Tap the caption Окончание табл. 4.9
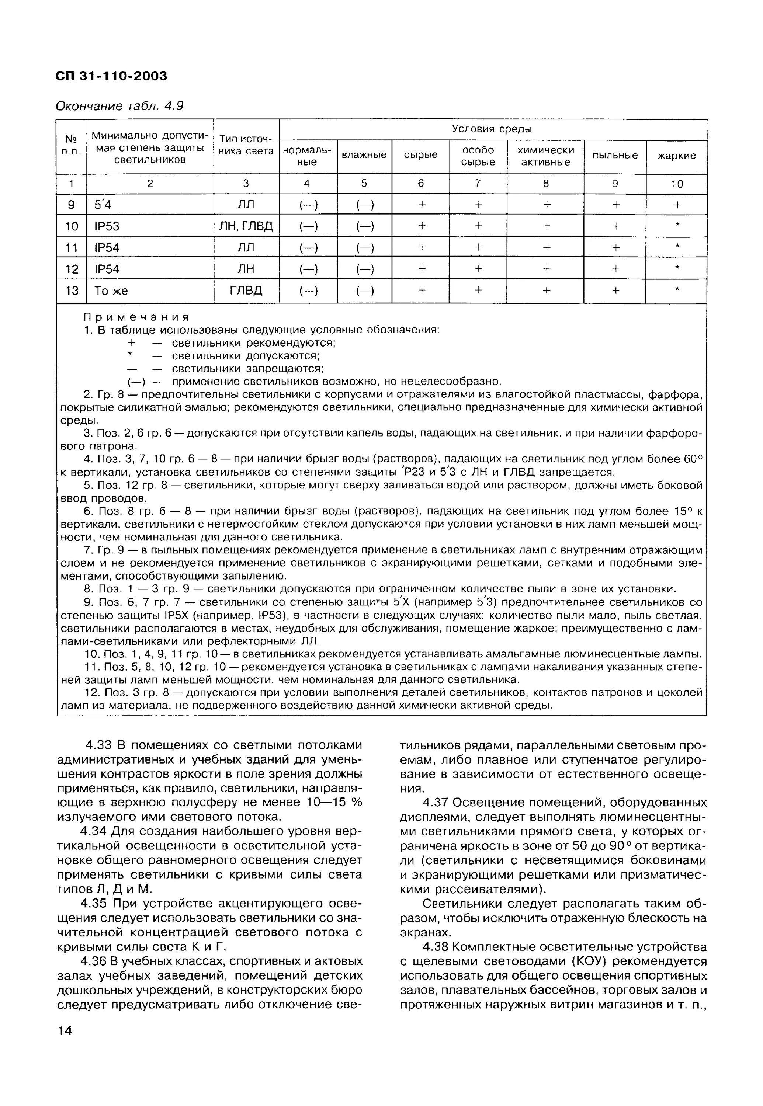tap(119, 106)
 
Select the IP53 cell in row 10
tap(107, 226)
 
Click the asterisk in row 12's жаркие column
tap(676, 269)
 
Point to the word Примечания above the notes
tap(136, 317)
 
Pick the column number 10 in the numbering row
tap(676, 184)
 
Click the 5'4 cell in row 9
tap(103, 205)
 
